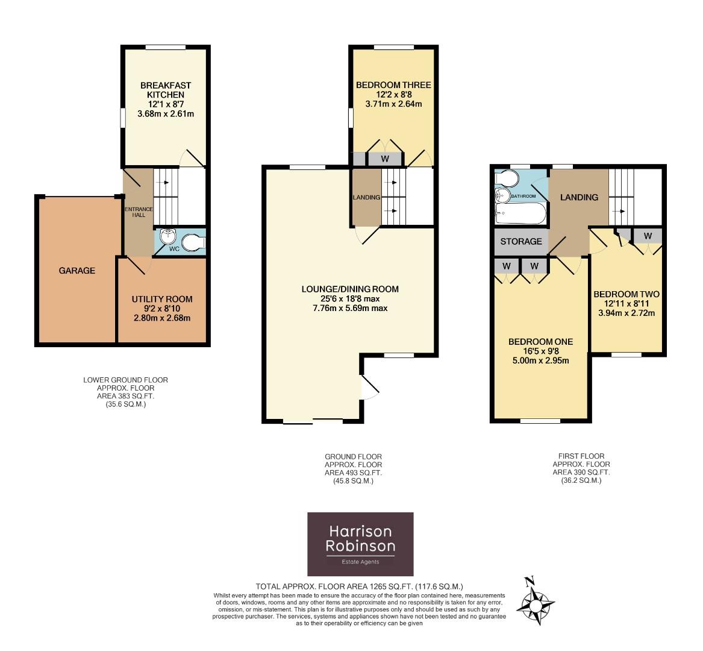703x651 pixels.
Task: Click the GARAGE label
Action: (x=77, y=271)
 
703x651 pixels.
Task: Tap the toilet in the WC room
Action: (x=194, y=242)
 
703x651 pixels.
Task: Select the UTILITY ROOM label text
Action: (x=162, y=299)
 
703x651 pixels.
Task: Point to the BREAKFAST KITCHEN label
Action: (x=162, y=90)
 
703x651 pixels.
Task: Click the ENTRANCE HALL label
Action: (x=138, y=212)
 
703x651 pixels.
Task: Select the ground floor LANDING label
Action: (x=366, y=197)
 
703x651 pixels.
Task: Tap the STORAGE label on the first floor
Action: (x=521, y=242)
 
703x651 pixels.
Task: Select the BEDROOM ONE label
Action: (x=539, y=342)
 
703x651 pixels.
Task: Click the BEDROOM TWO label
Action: (x=626, y=294)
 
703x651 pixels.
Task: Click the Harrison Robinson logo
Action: (x=360, y=544)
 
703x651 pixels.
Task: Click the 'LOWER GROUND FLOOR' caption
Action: (x=125, y=380)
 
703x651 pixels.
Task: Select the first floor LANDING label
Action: (x=579, y=197)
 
